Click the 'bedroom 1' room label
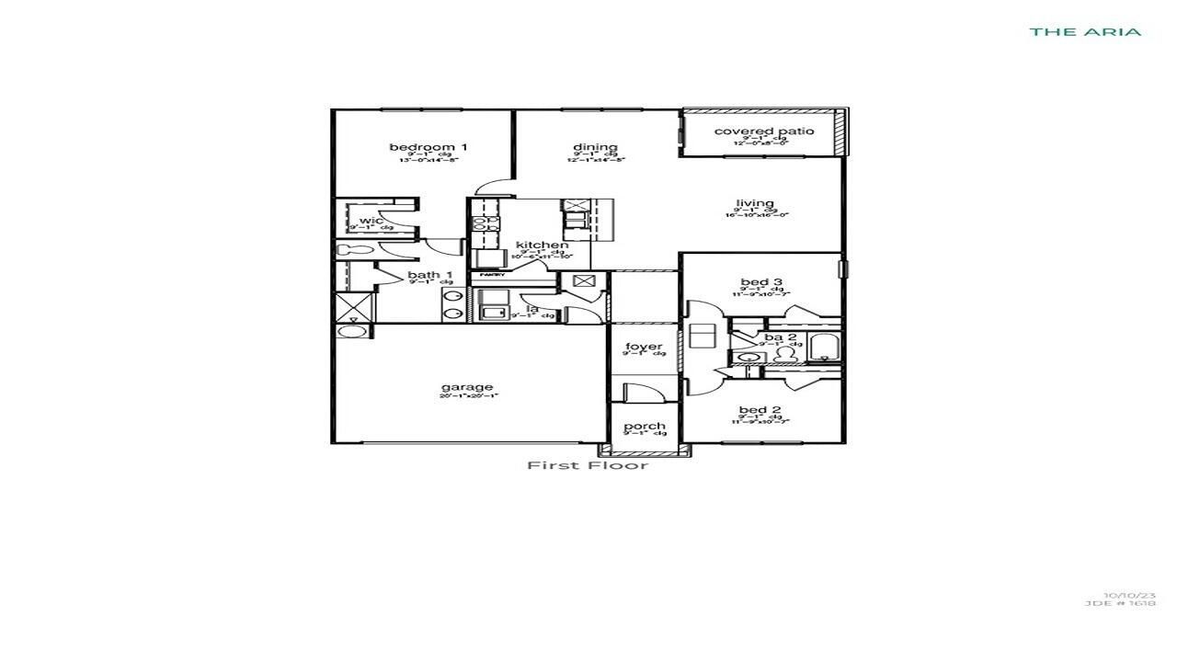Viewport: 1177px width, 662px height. pyautogui.click(x=429, y=147)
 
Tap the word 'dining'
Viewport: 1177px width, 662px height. pyautogui.click(x=595, y=147)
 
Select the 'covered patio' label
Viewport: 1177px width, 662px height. pyautogui.click(x=763, y=131)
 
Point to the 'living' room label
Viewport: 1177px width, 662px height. pyautogui.click(x=755, y=203)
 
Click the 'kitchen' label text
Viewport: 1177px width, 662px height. pyautogui.click(x=542, y=245)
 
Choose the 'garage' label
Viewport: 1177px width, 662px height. pyautogui.click(x=467, y=387)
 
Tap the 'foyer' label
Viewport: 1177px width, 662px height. pyautogui.click(x=644, y=347)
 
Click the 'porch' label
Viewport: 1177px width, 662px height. pyautogui.click(x=645, y=427)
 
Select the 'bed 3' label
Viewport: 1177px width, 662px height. pyautogui.click(x=760, y=282)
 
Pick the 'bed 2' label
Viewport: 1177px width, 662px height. pyautogui.click(x=760, y=410)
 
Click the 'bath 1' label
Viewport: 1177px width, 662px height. pyautogui.click(x=430, y=275)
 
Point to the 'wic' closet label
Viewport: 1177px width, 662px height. pyautogui.click(x=371, y=221)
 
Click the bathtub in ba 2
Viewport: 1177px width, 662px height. pyautogui.click(x=824, y=348)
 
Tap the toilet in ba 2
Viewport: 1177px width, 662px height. pyautogui.click(x=785, y=354)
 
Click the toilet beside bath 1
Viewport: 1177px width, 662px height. pyautogui.click(x=350, y=249)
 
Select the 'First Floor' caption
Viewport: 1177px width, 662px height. pyautogui.click(x=588, y=465)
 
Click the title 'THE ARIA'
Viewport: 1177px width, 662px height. pyautogui.click(x=1085, y=31)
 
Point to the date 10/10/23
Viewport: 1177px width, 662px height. pyautogui.click(x=1130, y=595)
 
